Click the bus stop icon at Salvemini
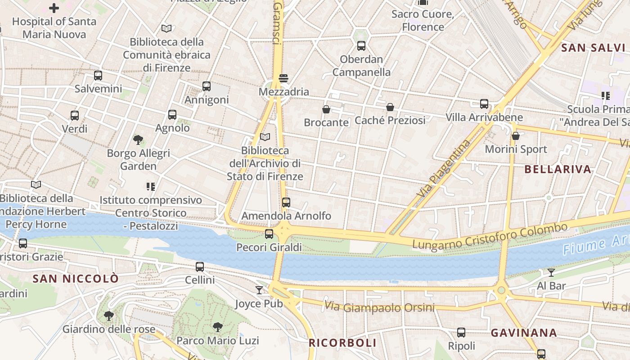tap(98, 76)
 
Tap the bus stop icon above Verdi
tap(75, 116)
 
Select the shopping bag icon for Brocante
tap(326, 109)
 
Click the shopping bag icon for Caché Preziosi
tap(390, 107)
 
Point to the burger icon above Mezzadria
tap(283, 78)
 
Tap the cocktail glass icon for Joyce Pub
tap(259, 290)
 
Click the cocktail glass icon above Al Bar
tap(551, 272)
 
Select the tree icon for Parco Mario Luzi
tap(218, 327)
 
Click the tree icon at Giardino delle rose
tap(108, 315)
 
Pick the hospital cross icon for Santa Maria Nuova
tap(54, 8)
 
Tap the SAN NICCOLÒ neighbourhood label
tap(76, 279)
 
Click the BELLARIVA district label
tap(558, 170)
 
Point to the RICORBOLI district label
tap(342, 343)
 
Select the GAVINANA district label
tap(524, 333)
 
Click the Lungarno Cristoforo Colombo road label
tap(490, 236)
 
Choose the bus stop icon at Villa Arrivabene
tap(484, 104)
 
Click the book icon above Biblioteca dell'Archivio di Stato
tap(265, 137)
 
